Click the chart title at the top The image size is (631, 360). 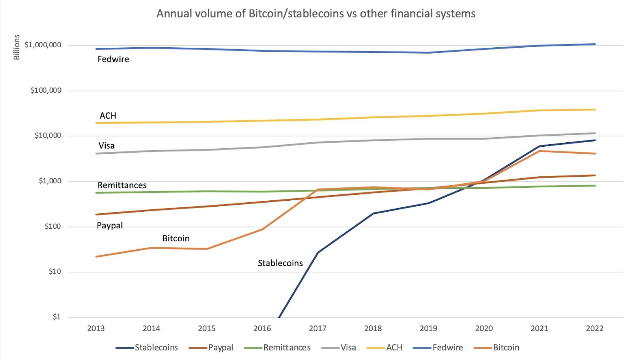pyautogui.click(x=316, y=14)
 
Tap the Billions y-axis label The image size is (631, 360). pyautogui.click(x=17, y=47)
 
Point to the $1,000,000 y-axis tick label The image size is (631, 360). pyautogui.click(x=43, y=45)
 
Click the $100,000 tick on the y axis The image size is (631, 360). pyautogui.click(x=46, y=90)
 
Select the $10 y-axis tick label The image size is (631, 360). pyautogui.click(x=55, y=271)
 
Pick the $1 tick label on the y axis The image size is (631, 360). pyautogui.click(x=57, y=317)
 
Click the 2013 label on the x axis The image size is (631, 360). pyautogui.click(x=96, y=328)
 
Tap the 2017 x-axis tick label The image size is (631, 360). pyautogui.click(x=317, y=328)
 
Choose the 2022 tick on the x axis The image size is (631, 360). pyautogui.click(x=594, y=328)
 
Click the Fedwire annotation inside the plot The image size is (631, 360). pyautogui.click(x=113, y=59)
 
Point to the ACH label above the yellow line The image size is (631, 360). pyautogui.click(x=108, y=116)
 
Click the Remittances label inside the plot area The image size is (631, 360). pyautogui.click(x=122, y=185)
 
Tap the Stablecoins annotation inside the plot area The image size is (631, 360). pyautogui.click(x=280, y=263)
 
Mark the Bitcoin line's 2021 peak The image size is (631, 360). pyautogui.click(x=539, y=151)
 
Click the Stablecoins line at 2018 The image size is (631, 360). pyautogui.click(x=373, y=213)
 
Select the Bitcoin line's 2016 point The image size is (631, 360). pyautogui.click(x=262, y=229)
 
